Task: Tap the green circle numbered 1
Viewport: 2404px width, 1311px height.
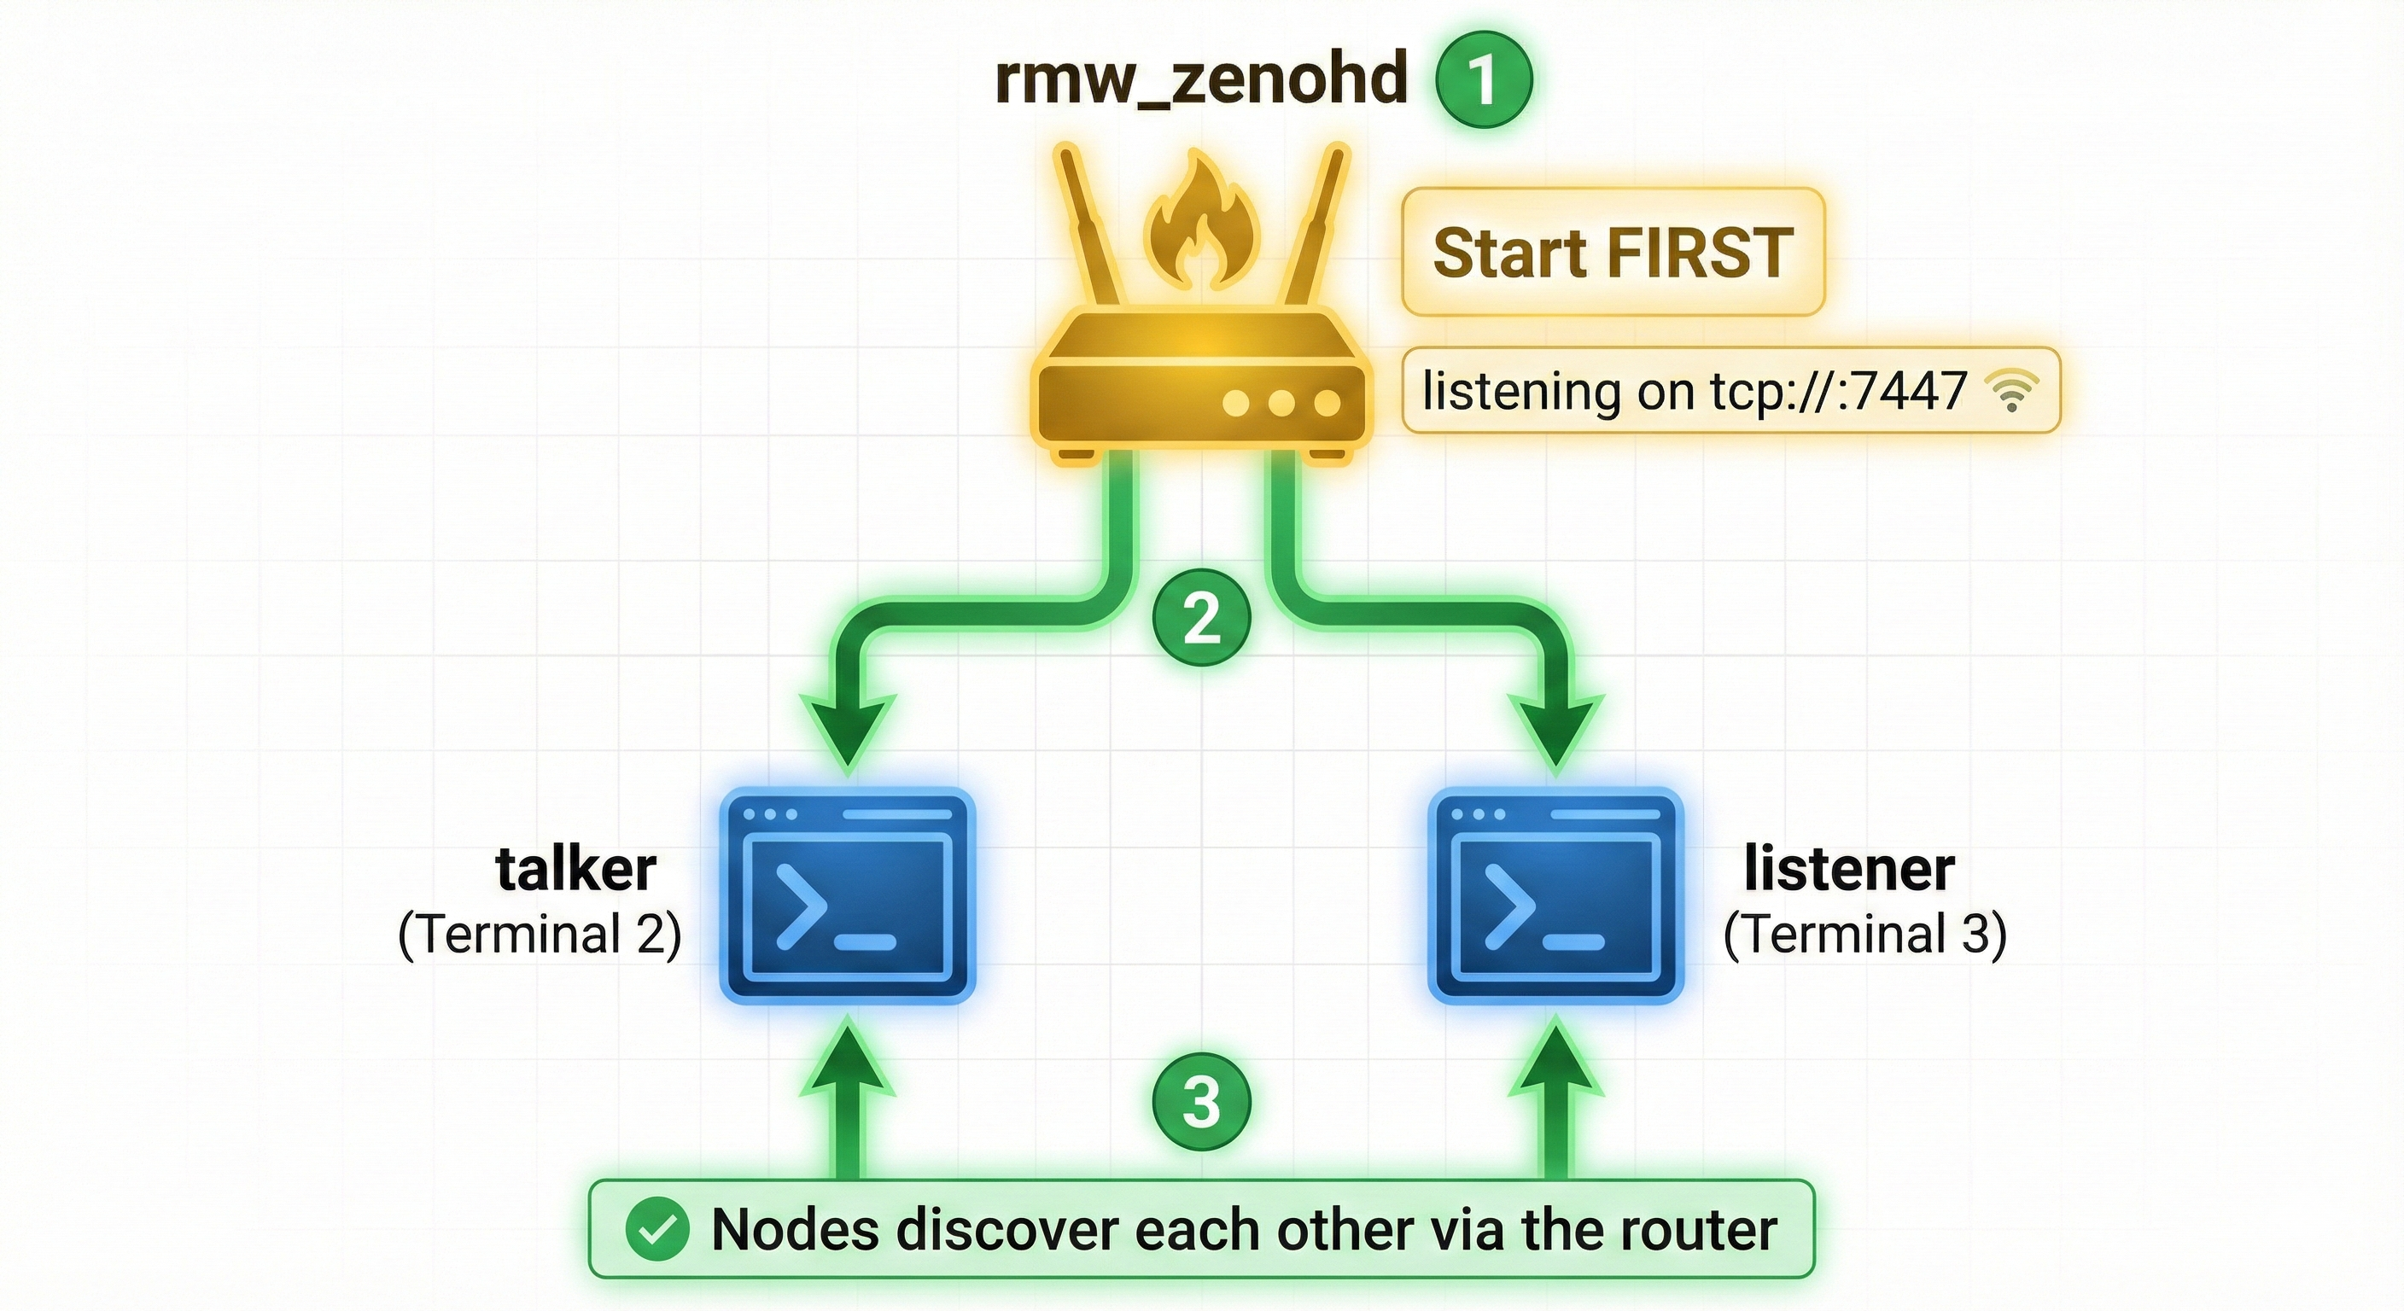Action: [x=1483, y=79]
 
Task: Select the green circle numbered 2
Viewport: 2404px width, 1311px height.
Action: [x=1201, y=618]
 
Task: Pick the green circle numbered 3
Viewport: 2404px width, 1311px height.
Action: [x=1201, y=1102]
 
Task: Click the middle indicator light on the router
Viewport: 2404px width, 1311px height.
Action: [x=1281, y=403]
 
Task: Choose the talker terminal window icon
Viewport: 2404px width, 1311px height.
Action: [x=848, y=896]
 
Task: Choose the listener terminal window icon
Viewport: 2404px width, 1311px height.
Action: [x=1555, y=896]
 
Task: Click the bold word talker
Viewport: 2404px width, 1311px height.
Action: [x=575, y=870]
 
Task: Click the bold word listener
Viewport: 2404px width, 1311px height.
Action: [x=1849, y=870]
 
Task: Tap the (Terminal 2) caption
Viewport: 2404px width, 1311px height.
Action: [x=540, y=934]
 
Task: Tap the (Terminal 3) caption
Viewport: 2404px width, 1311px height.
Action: [x=1864, y=934]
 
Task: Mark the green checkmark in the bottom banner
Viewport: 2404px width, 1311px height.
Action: [x=658, y=1229]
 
